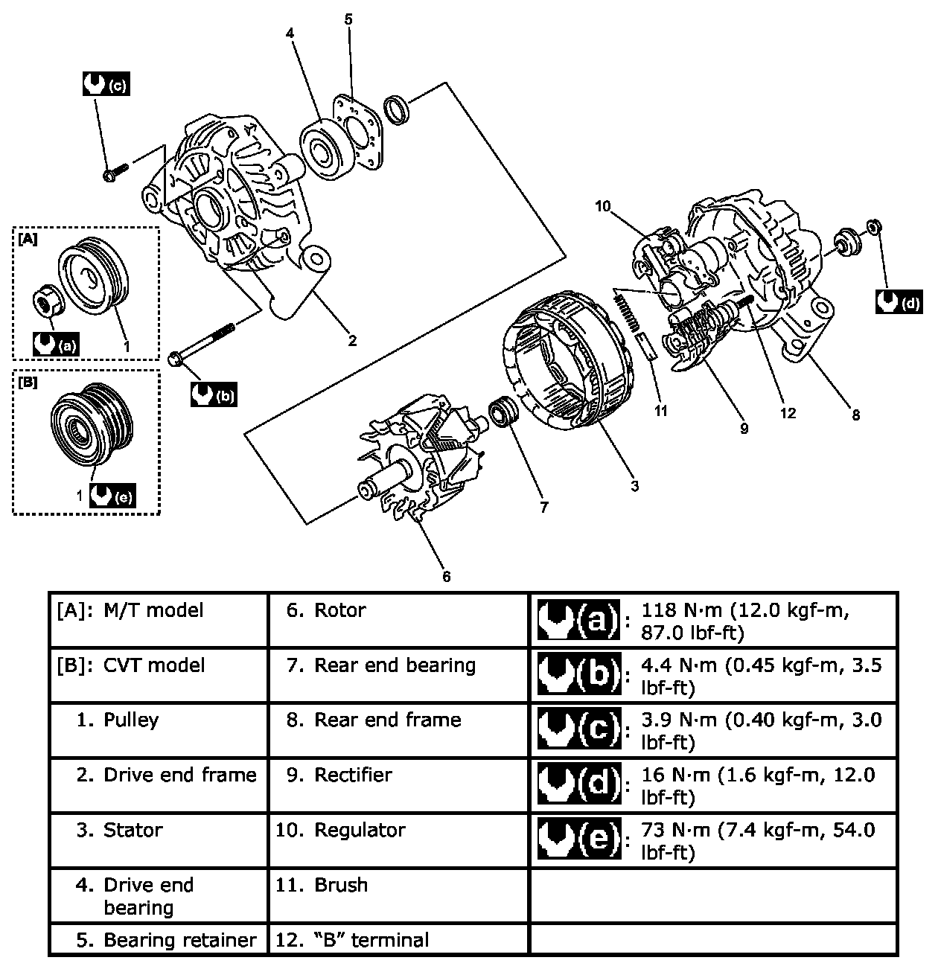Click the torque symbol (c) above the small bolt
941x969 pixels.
click(x=106, y=83)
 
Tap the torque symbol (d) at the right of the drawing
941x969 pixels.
click(x=899, y=301)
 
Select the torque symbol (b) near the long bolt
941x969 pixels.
click(x=214, y=394)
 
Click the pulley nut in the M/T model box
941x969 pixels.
click(x=48, y=300)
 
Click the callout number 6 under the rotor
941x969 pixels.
click(x=447, y=576)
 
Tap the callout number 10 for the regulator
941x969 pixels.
click(x=603, y=206)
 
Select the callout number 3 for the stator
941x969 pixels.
click(x=634, y=486)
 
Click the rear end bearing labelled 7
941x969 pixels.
click(x=504, y=412)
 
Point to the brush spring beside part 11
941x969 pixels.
click(x=627, y=312)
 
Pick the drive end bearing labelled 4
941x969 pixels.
click(x=326, y=150)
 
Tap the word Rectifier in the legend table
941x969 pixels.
click(x=353, y=775)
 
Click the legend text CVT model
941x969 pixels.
click(x=154, y=665)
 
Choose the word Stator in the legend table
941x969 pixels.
click(x=133, y=830)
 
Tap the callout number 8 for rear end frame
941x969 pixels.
click(x=856, y=415)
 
